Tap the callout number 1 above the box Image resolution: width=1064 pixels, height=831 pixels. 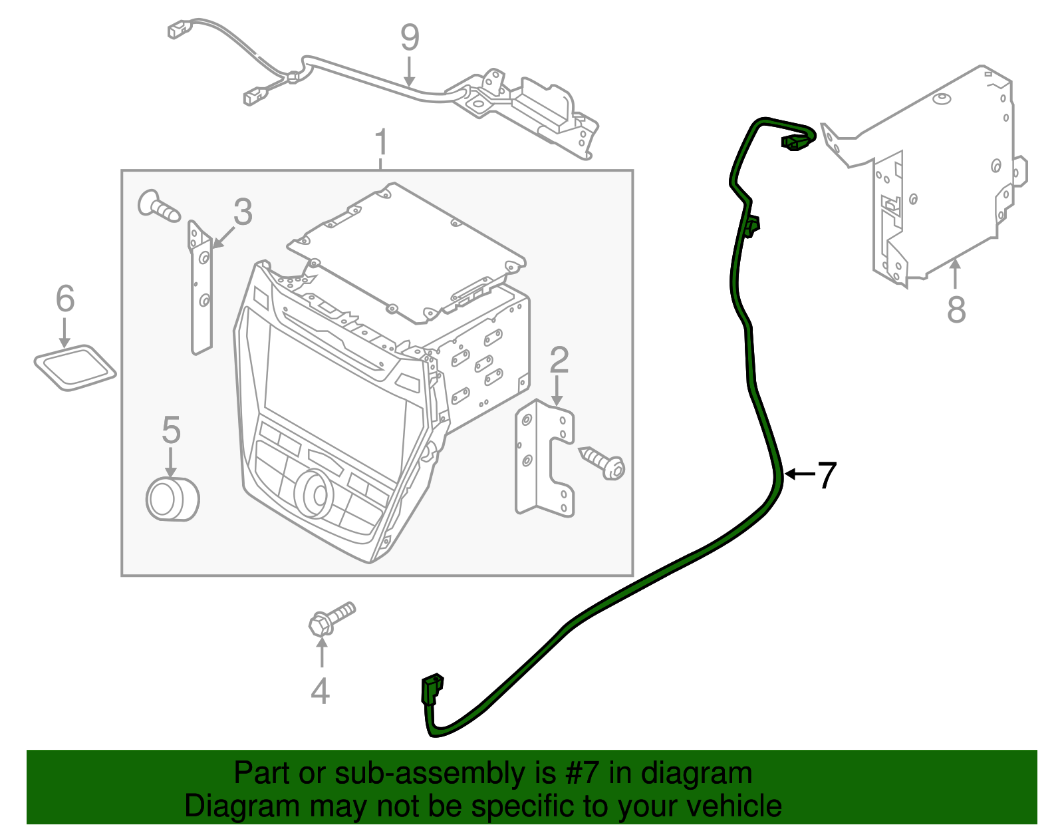click(381, 143)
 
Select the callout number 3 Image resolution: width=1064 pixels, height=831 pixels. click(243, 212)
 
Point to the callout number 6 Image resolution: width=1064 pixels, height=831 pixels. click(65, 299)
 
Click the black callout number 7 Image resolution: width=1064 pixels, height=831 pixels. click(827, 475)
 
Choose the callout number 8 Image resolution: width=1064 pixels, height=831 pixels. click(956, 309)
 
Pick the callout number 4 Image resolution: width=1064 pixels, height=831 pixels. click(320, 691)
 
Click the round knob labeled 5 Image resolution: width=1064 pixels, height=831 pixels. click(172, 499)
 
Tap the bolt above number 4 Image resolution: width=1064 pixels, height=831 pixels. click(331, 618)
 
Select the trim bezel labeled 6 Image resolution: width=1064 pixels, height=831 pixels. click(74, 367)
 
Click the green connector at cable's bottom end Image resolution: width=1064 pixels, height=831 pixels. click(431, 689)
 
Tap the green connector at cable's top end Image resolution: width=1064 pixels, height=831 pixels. click(795, 142)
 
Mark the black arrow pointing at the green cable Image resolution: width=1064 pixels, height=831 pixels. click(798, 474)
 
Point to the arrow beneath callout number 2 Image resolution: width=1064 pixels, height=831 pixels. click(558, 391)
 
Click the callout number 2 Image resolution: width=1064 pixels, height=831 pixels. click(559, 360)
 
